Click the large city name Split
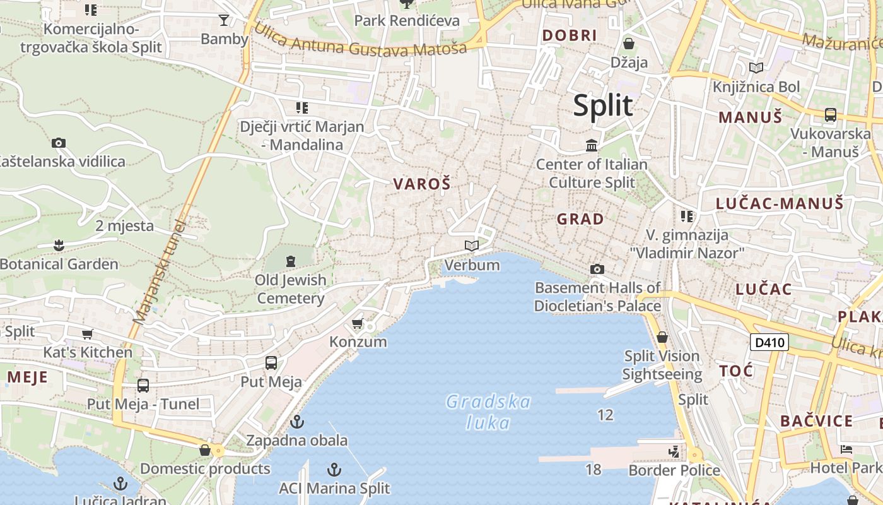tap(602, 105)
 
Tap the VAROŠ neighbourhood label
tap(422, 184)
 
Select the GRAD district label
tap(580, 220)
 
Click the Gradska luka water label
tap(488, 412)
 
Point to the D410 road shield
tap(769, 343)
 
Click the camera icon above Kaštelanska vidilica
tap(59, 143)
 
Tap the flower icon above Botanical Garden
tap(59, 245)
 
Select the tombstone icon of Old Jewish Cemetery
tap(290, 260)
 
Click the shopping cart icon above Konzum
tap(357, 324)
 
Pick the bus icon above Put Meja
tap(271, 363)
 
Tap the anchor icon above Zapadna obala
tap(296, 422)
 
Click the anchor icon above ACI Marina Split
tap(334, 470)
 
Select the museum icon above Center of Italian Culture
tap(592, 146)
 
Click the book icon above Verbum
tap(471, 246)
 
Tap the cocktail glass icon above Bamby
tap(224, 20)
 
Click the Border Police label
tap(674, 470)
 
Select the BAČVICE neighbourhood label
tap(816, 421)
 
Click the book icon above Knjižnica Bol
tap(756, 68)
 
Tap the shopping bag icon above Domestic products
tap(205, 450)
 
